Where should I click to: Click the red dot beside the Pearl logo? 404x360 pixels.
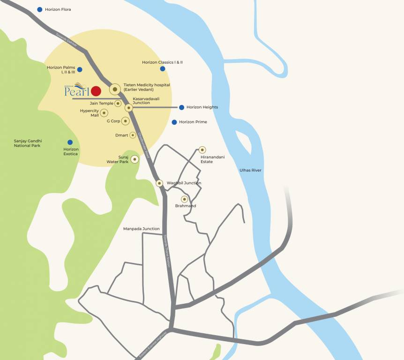(96, 91)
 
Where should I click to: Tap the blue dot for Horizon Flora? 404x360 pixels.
(40, 9)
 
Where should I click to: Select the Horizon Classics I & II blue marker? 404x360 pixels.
(163, 68)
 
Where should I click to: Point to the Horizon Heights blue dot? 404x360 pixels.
(181, 107)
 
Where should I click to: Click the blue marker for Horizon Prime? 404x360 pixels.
(174, 122)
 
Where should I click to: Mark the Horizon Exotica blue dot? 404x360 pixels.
(70, 142)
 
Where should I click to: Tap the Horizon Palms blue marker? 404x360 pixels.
(80, 69)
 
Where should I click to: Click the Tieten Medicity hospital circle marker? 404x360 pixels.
(115, 89)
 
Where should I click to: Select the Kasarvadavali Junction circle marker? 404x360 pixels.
(128, 107)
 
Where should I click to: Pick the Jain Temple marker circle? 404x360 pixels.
(118, 103)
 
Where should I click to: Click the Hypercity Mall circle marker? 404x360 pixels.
(104, 113)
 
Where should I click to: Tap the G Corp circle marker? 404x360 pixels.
(125, 121)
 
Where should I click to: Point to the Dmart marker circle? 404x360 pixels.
(133, 135)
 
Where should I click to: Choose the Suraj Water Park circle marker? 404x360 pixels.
(135, 159)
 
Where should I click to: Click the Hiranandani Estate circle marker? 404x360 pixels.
(202, 150)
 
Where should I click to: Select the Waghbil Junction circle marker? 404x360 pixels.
(159, 183)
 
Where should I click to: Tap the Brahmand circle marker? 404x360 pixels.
(185, 199)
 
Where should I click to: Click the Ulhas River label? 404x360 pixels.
(250, 170)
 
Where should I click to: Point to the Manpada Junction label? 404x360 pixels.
(141, 229)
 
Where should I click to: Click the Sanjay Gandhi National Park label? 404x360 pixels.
(27, 143)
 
